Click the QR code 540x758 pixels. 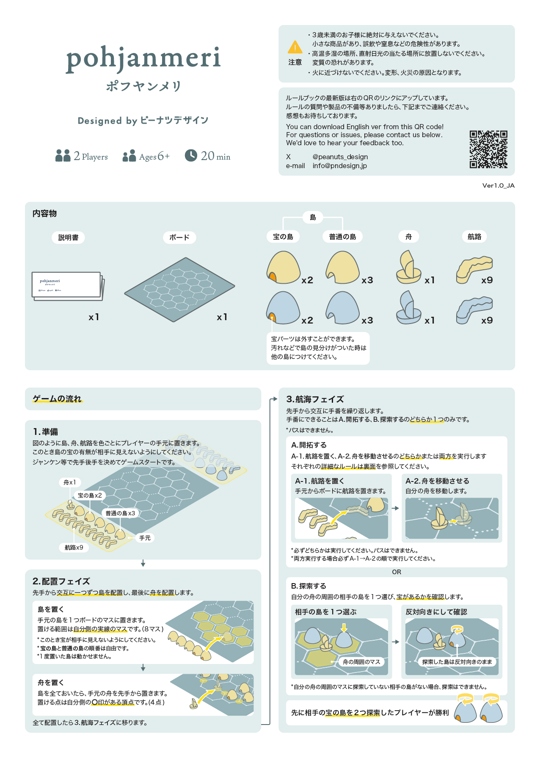pos(488,149)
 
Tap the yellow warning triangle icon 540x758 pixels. pos(295,47)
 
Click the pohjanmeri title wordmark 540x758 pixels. pos(143,59)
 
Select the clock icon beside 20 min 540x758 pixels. pos(191,155)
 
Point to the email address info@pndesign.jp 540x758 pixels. pos(340,166)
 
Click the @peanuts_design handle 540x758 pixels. pos(340,157)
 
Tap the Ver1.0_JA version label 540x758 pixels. pos(499,185)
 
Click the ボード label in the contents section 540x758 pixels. pos(179,238)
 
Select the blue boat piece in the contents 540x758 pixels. pos(408,308)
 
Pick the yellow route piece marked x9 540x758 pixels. pos(474,269)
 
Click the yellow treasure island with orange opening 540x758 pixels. pos(283,267)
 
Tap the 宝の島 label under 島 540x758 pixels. pos(283,237)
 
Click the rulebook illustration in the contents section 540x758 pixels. pos(68,286)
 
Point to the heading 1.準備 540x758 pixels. pos(46,432)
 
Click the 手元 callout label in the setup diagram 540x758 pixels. pos(145,538)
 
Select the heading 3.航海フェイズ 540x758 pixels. pos(315,399)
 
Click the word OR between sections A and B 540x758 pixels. pos(397,572)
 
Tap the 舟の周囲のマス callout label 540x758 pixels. pos(361,662)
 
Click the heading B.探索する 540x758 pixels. pos(309,586)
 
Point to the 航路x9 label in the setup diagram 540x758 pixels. pos(74,548)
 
